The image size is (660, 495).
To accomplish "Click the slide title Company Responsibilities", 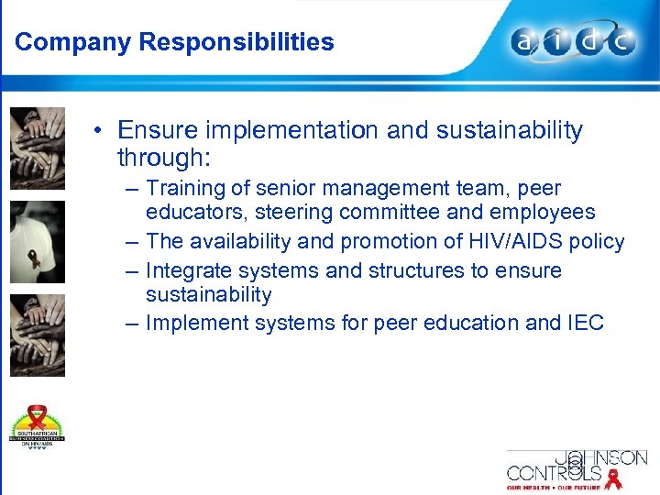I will point(174,42).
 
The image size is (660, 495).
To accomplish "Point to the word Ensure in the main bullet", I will point(157,131).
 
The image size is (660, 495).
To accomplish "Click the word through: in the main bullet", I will point(164,158).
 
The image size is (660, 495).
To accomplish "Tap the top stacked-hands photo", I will point(38,147).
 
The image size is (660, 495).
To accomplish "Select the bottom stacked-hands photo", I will point(38,335).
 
